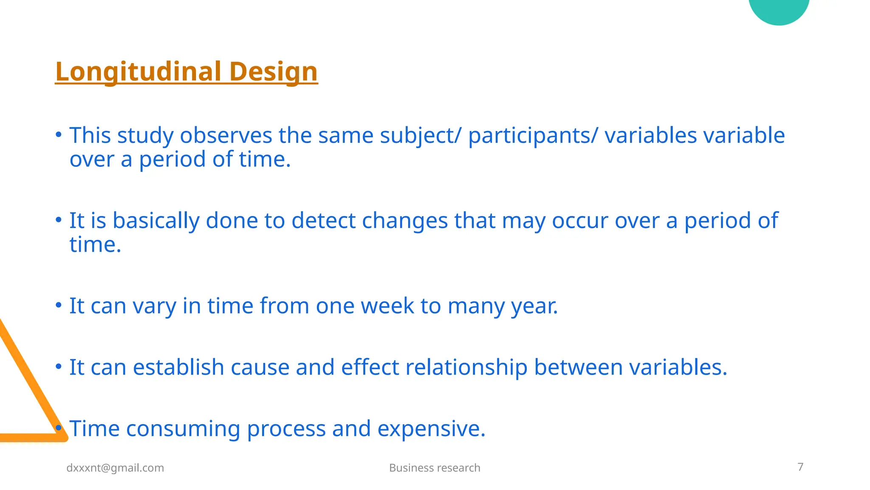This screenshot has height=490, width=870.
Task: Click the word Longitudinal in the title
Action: [138, 71]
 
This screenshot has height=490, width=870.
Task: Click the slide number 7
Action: [800, 467]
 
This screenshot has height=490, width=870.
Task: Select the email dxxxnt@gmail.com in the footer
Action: [115, 468]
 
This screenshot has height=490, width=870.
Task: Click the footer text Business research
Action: [435, 468]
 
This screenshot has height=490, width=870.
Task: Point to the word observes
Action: [226, 136]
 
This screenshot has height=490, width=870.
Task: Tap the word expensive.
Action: [431, 429]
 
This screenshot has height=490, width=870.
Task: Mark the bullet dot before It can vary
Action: [59, 305]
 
